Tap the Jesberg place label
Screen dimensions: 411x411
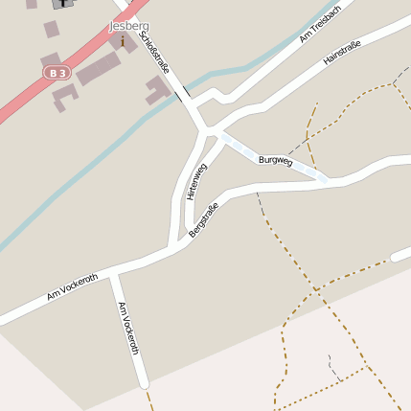tap(129, 26)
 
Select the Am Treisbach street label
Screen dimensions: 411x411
tap(319, 27)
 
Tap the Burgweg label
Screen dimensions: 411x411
tap(275, 161)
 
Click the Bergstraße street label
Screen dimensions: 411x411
tap(204, 220)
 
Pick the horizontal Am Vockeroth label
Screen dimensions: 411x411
tap(72, 286)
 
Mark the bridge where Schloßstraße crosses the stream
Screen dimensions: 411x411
tap(181, 94)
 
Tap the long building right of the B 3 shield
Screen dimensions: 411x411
tap(99, 69)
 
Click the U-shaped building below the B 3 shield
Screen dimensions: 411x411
tap(63, 95)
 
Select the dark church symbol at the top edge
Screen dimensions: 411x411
tap(64, 3)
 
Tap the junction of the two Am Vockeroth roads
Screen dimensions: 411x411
tap(113, 274)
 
